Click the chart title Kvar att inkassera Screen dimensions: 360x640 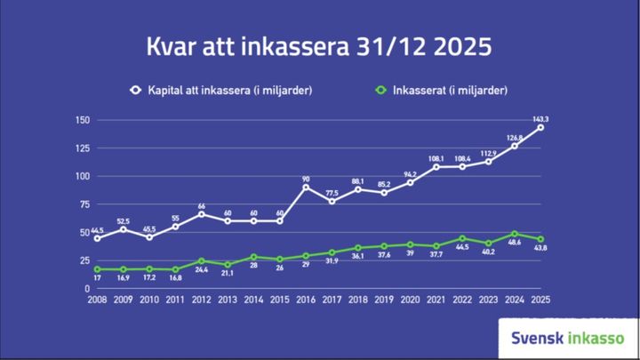[319, 46]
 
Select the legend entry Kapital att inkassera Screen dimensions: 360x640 [221, 90]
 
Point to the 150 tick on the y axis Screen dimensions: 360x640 [83, 120]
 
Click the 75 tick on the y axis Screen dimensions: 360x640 [84, 204]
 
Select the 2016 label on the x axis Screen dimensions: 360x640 [306, 300]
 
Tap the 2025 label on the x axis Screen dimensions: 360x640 [540, 300]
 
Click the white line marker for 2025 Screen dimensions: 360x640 [540, 128]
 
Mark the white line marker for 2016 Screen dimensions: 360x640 [306, 188]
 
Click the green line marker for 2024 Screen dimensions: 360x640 [514, 234]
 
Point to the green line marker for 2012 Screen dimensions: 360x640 [201, 261]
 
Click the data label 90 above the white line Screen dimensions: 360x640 [306, 177]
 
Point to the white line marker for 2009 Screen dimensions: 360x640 [124, 229]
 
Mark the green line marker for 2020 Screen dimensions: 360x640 [410, 244]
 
